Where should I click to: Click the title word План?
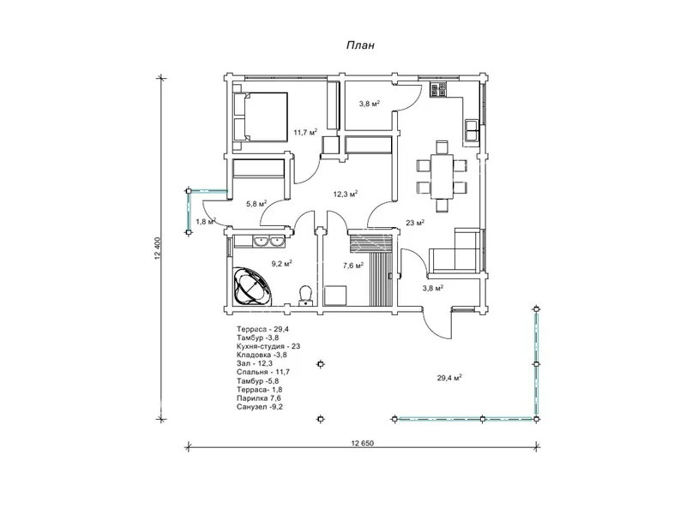pyautogui.click(x=360, y=45)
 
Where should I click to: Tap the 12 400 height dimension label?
pyautogui.click(x=158, y=248)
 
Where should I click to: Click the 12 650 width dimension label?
pyautogui.click(x=362, y=443)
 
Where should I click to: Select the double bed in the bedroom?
pyautogui.click(x=261, y=117)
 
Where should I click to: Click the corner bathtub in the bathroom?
pyautogui.click(x=251, y=286)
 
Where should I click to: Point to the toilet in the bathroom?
pyautogui.click(x=305, y=295)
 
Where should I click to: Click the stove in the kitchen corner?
pyautogui.click(x=438, y=89)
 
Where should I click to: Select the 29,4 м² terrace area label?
pyautogui.click(x=449, y=378)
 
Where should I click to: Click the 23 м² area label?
pyautogui.click(x=415, y=223)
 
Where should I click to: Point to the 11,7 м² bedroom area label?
pyautogui.click(x=305, y=132)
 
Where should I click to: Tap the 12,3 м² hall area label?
pyautogui.click(x=346, y=194)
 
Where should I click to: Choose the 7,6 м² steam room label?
pyautogui.click(x=352, y=265)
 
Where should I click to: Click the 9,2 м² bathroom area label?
pyautogui.click(x=282, y=263)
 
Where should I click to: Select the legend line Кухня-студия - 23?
pyautogui.click(x=268, y=346)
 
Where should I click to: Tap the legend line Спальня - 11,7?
pyautogui.click(x=263, y=372)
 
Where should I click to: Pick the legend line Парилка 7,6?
pyautogui.click(x=259, y=398)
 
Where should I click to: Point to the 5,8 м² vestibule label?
pyautogui.click(x=256, y=204)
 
